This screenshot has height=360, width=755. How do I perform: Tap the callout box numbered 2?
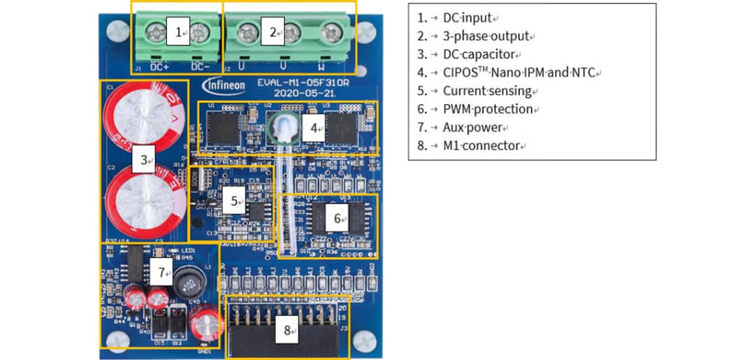pos(273,32)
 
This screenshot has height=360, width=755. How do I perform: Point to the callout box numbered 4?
pos(315,128)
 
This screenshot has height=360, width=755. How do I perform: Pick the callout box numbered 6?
pos(338,219)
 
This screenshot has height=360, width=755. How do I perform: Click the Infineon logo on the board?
pos(224,85)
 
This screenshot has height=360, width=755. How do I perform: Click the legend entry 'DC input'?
pos(466,17)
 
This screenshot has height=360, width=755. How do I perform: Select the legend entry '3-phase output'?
pos(482,36)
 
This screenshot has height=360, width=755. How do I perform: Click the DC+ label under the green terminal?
pos(159,67)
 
